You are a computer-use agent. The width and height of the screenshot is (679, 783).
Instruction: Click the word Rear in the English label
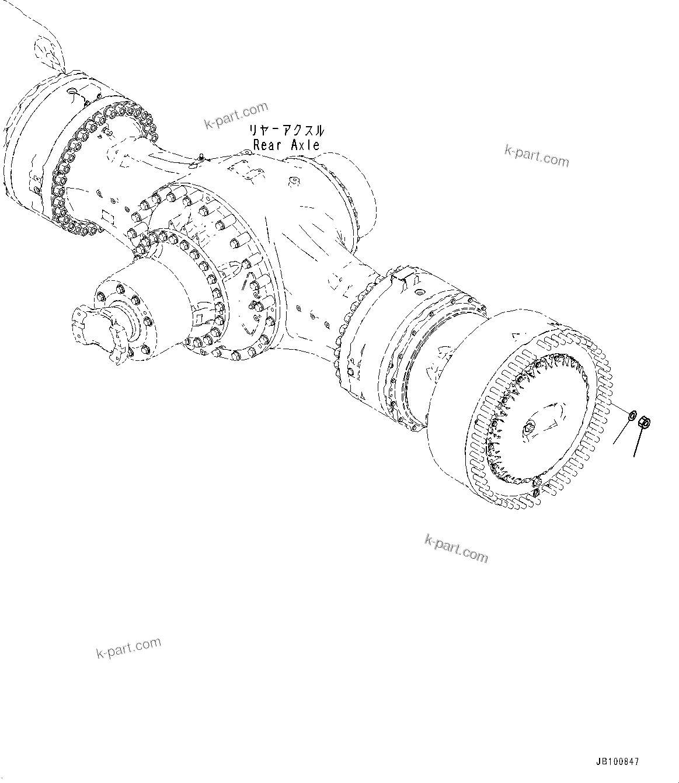coord(268,145)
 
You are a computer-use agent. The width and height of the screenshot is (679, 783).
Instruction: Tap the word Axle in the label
coord(305,145)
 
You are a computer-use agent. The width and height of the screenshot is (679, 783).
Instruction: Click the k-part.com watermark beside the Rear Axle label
coord(235,115)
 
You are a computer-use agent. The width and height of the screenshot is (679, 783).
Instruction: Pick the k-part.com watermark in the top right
coord(536,155)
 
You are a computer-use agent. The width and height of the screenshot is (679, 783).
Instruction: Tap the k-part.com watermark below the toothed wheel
coord(455,548)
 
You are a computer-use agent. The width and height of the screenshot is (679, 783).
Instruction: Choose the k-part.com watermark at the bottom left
coord(128,647)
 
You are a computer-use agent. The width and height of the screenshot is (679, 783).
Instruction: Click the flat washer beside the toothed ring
coord(632,416)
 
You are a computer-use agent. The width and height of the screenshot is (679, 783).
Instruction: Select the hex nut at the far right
coord(646,422)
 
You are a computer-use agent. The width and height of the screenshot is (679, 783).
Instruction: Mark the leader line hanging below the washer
coord(622,432)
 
